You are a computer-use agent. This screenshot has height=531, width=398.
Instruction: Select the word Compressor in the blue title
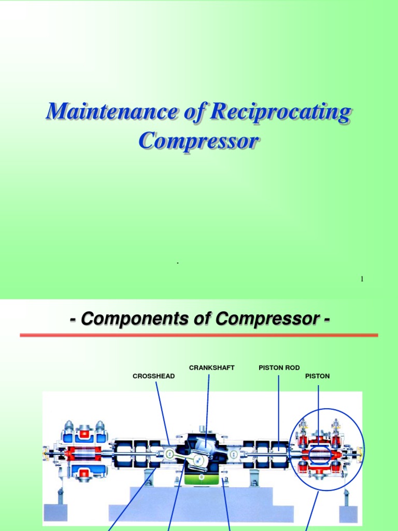(x=198, y=141)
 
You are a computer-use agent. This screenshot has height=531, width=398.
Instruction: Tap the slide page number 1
(x=362, y=280)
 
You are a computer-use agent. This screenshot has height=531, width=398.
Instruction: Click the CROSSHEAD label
(x=153, y=376)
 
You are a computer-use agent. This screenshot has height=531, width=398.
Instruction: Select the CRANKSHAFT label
(x=211, y=368)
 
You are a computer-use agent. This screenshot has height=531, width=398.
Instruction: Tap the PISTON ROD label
(x=279, y=368)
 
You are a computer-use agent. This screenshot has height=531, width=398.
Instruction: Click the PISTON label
(x=317, y=376)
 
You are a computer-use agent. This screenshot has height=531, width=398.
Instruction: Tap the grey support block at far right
(x=348, y=513)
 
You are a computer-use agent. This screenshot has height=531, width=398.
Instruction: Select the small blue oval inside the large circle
(x=320, y=455)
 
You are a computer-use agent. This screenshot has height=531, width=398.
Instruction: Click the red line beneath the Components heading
(x=198, y=336)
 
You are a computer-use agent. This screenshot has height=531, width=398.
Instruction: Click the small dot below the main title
(x=178, y=263)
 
